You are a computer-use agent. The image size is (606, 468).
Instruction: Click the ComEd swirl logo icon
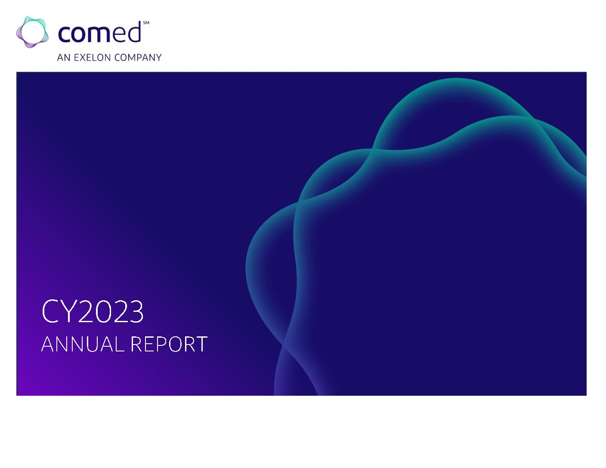pyautogui.click(x=32, y=32)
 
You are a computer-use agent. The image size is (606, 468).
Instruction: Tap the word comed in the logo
pyautogui.click(x=99, y=32)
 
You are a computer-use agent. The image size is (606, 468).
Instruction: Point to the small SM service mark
pyautogui.click(x=146, y=23)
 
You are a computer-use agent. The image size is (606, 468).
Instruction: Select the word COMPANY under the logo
pyautogui.click(x=138, y=58)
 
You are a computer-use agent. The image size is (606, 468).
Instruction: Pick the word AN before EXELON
pyautogui.click(x=64, y=58)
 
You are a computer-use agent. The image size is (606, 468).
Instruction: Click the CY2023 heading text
pyautogui.click(x=93, y=311)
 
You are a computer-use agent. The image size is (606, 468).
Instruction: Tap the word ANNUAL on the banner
pyautogui.click(x=83, y=344)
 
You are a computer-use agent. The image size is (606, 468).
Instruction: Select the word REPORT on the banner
pyautogui.click(x=169, y=344)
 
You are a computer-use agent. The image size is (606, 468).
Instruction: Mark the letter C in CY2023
pyautogui.click(x=50, y=311)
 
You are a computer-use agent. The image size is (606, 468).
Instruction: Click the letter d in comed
pyautogui.click(x=133, y=32)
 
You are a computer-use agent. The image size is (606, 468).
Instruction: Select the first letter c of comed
pyautogui.click(x=64, y=34)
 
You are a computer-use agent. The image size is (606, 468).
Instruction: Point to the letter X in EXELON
pyautogui.click(x=83, y=58)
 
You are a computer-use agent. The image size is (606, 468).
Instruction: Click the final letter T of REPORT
pyautogui.click(x=201, y=344)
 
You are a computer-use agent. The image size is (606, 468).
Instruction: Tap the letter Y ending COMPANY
pyautogui.click(x=158, y=58)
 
